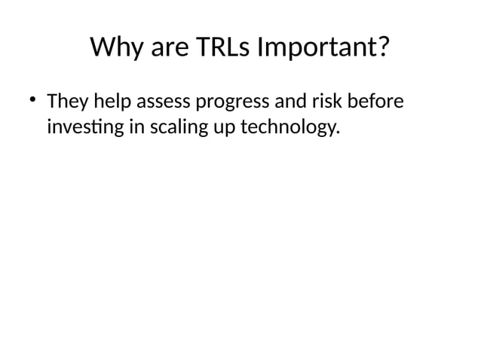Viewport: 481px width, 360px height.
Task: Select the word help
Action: click(112, 102)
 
